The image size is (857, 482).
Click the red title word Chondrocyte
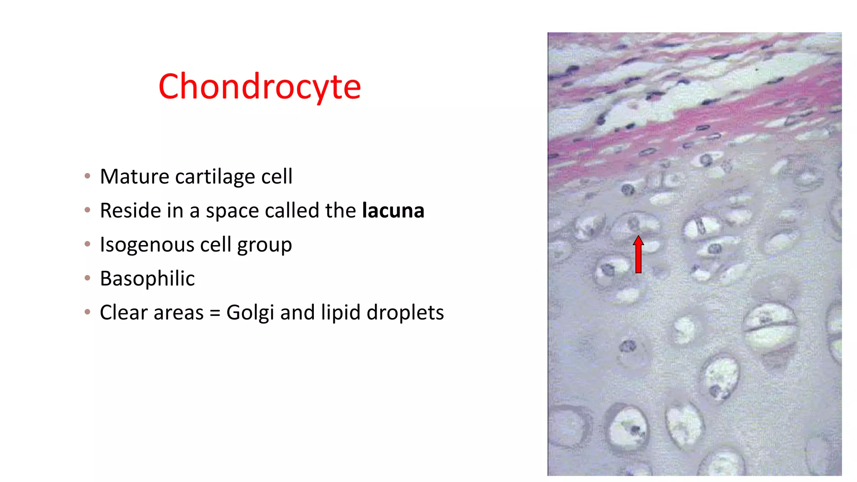pyautogui.click(x=259, y=87)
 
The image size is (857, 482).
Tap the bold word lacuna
pyautogui.click(x=393, y=210)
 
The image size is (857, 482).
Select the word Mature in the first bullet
pyautogui.click(x=135, y=177)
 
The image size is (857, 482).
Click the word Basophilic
pyautogui.click(x=147, y=279)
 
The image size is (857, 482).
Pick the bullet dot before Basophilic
pyautogui.click(x=87, y=278)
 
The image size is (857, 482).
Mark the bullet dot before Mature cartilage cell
pyautogui.click(x=87, y=176)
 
